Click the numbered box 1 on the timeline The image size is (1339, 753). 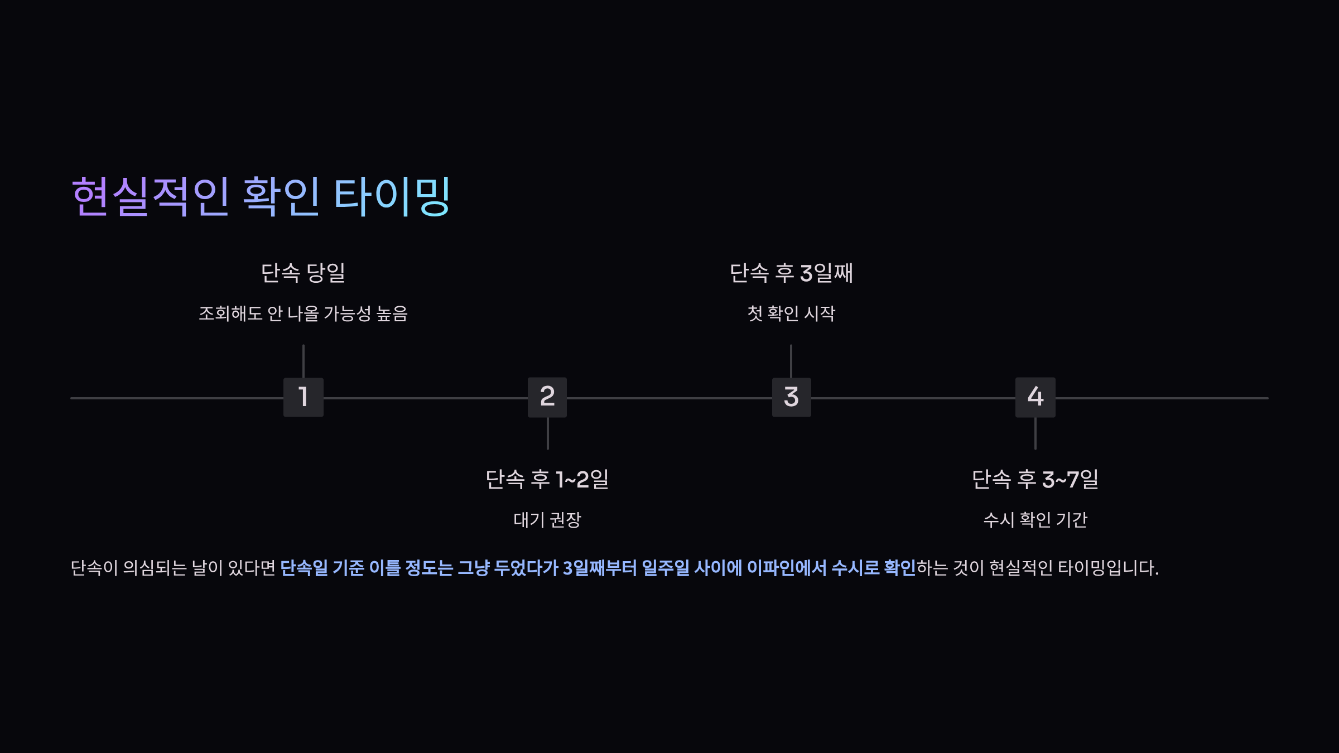pyautogui.click(x=303, y=397)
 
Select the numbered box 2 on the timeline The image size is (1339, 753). pyautogui.click(x=547, y=397)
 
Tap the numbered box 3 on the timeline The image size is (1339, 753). pyautogui.click(x=791, y=397)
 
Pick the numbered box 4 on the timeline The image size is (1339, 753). pyautogui.click(x=1035, y=397)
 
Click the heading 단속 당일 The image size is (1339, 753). pyautogui.click(x=303, y=273)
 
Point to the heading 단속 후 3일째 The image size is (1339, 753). pyautogui.click(x=791, y=273)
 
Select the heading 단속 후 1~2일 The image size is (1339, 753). pyautogui.click(x=547, y=479)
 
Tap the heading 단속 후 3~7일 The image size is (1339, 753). pyautogui.click(x=1035, y=479)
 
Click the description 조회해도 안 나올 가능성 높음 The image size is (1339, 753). pyautogui.click(x=303, y=313)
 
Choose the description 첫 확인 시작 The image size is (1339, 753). pyautogui.click(x=791, y=313)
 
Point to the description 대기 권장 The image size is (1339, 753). pyautogui.click(x=547, y=520)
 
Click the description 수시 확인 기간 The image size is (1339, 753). pyautogui.click(x=1035, y=520)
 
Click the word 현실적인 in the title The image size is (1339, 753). pyautogui.click(x=151, y=196)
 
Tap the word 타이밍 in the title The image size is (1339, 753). pyautogui.click(x=392, y=196)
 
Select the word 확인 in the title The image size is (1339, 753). pyautogui.click(x=281, y=196)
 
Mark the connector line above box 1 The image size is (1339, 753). pyautogui.click(x=303, y=361)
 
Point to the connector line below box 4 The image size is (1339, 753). pyautogui.click(x=1035, y=433)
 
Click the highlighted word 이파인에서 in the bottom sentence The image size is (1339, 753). pyautogui.click(x=786, y=568)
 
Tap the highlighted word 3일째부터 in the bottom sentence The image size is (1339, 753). pyautogui.click(x=599, y=568)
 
